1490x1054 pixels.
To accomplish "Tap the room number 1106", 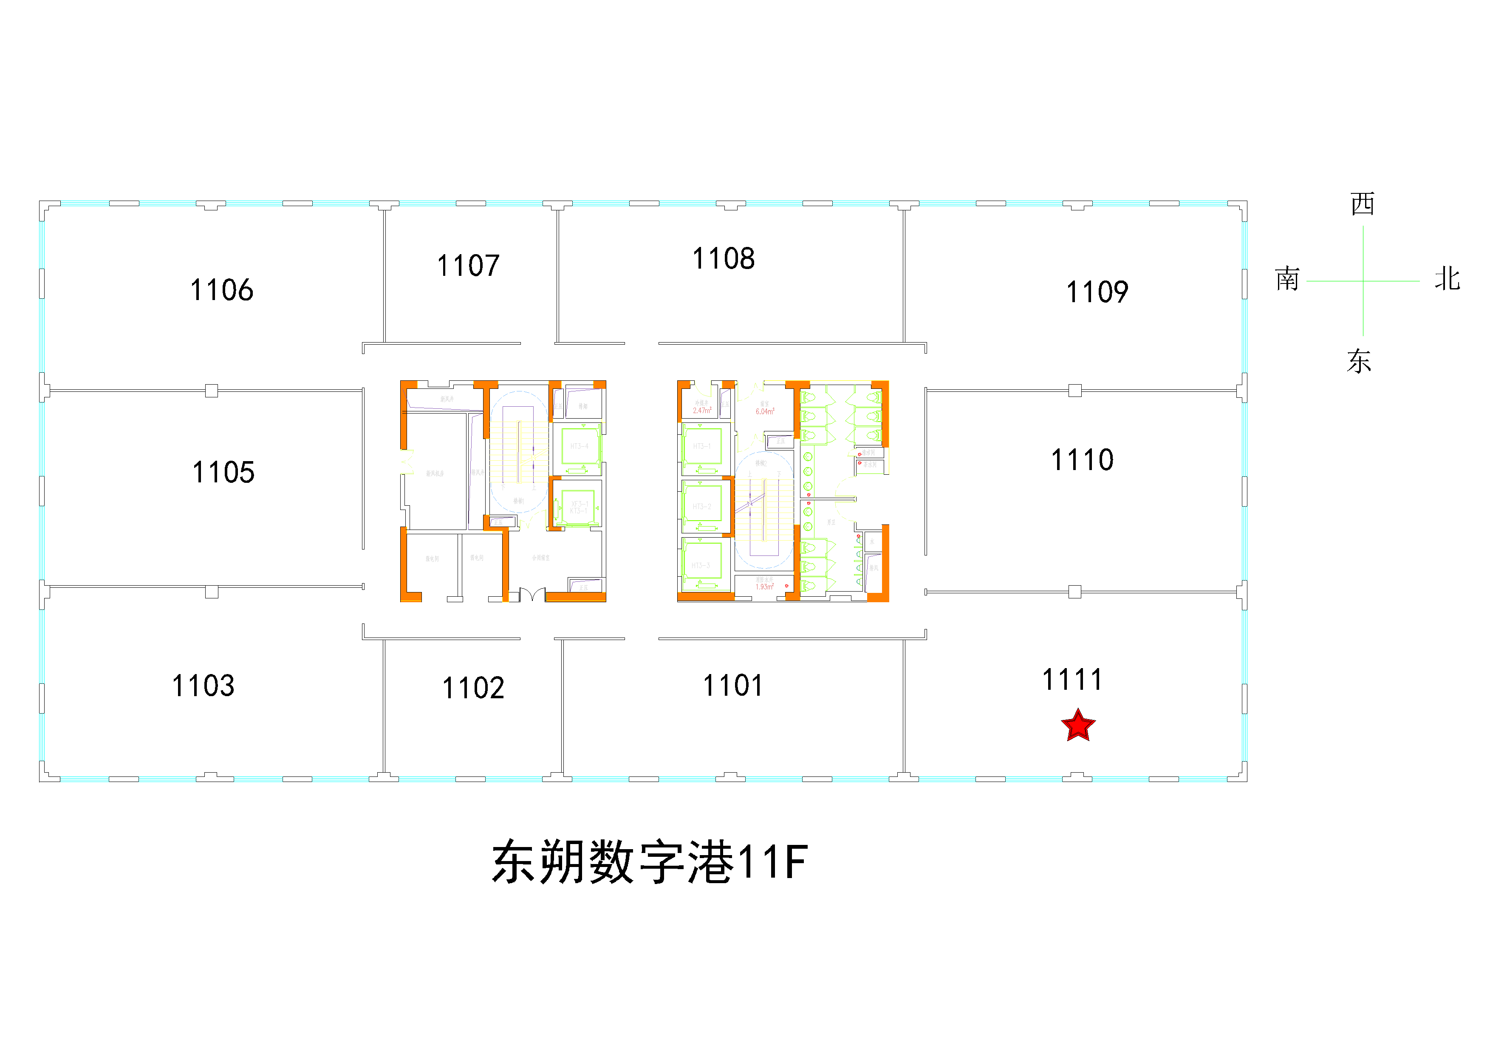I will pyautogui.click(x=221, y=290).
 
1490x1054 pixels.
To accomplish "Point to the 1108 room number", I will pyautogui.click(x=724, y=258).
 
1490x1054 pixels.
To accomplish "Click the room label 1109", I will pyautogui.click(x=1097, y=292).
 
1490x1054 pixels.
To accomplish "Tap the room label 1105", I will pyautogui.click(x=223, y=473).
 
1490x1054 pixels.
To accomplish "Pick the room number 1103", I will pyautogui.click(x=203, y=686).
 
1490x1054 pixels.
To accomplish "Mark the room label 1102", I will pyautogui.click(x=473, y=688).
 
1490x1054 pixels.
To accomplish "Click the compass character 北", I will pyautogui.click(x=1447, y=279).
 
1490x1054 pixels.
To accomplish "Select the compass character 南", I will pyautogui.click(x=1287, y=279).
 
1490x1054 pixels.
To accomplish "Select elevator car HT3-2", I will pyautogui.click(x=701, y=506).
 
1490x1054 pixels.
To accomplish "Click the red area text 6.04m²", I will pyautogui.click(x=764, y=411).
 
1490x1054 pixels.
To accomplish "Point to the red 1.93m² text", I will pyautogui.click(x=764, y=586).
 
